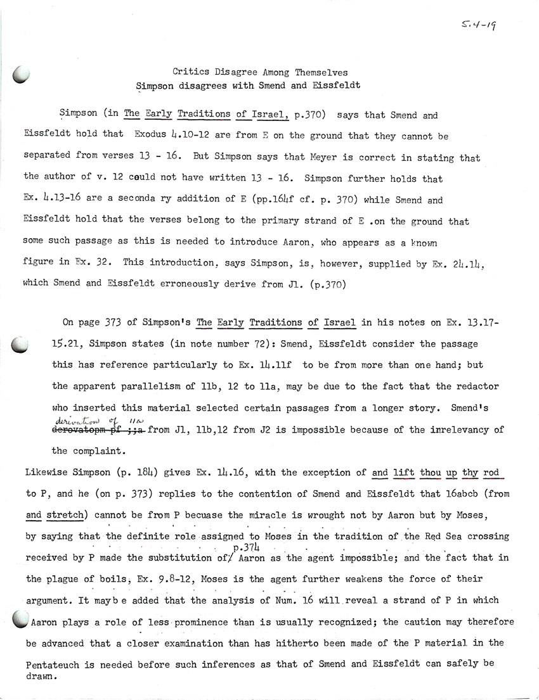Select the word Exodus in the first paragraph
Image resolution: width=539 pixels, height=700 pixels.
click(x=152, y=136)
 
